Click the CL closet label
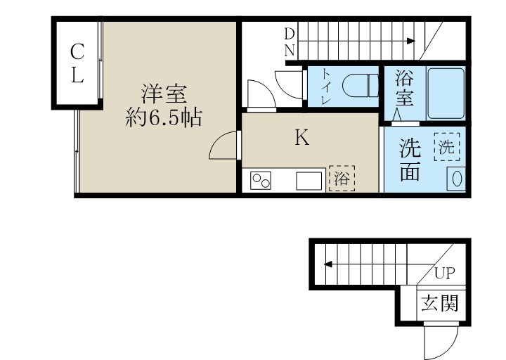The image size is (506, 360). (77, 63)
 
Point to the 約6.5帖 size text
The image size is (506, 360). (164, 117)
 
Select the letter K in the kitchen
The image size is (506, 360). (301, 138)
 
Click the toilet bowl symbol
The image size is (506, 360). (356, 86)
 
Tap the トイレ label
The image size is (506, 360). (327, 86)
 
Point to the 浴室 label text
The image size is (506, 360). (403, 87)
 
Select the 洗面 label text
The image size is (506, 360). (410, 160)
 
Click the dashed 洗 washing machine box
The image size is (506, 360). (447, 148)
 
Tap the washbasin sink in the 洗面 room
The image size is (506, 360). (456, 179)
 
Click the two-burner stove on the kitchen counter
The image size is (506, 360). (262, 181)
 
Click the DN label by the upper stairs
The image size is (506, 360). (290, 41)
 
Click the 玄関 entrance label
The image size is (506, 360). (440, 303)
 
